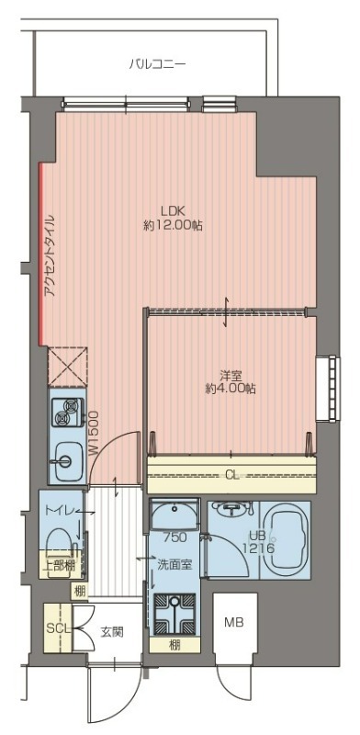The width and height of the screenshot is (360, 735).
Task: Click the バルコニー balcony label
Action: click(x=158, y=63)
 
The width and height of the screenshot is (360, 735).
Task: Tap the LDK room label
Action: click(x=173, y=210)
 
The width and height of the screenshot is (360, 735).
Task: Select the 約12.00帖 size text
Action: click(x=173, y=226)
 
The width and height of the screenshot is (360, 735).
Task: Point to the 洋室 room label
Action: click(x=231, y=375)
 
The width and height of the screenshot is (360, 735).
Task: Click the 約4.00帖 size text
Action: click(x=231, y=389)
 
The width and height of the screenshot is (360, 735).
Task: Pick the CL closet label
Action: click(x=232, y=476)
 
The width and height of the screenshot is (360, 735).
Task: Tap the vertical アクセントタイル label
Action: click(x=51, y=256)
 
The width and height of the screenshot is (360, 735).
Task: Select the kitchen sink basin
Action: click(x=65, y=461)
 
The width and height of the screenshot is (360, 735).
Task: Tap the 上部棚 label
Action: click(x=59, y=565)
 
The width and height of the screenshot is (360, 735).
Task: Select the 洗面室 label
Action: click(x=174, y=565)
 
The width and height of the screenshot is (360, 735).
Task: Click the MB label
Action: click(x=233, y=623)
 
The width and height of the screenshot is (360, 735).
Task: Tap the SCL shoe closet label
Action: click(x=57, y=628)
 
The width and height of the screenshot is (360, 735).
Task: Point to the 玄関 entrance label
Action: click(x=112, y=632)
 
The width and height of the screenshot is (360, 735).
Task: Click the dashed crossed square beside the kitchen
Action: click(x=68, y=367)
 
